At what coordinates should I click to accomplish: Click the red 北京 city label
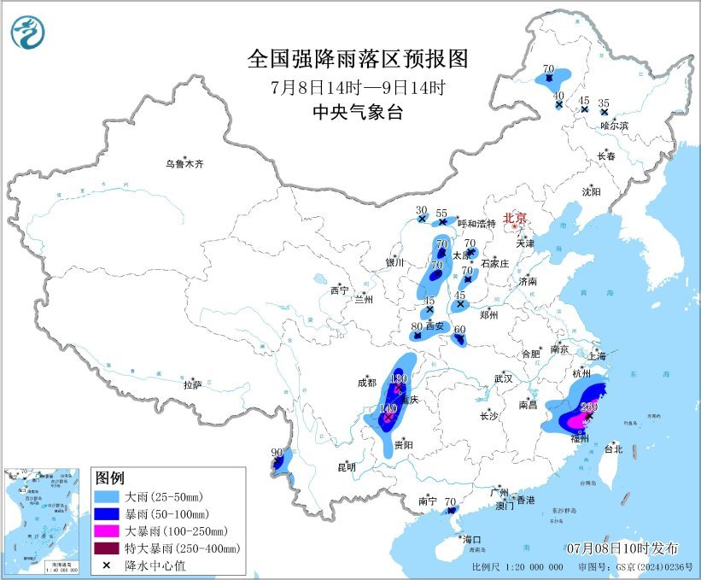click(515, 218)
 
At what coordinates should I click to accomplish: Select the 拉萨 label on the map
click(192, 385)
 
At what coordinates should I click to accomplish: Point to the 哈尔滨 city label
click(613, 126)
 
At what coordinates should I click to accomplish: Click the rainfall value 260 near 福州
click(588, 407)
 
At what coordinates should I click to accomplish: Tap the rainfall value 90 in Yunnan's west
click(276, 453)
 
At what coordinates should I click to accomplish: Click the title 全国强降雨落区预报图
click(358, 58)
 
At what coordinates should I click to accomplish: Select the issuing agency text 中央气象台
click(358, 112)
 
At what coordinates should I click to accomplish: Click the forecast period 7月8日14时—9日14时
click(358, 86)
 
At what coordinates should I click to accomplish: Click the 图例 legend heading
click(110, 476)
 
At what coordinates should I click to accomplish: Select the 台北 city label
click(613, 448)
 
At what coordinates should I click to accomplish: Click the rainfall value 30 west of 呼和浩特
click(421, 210)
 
